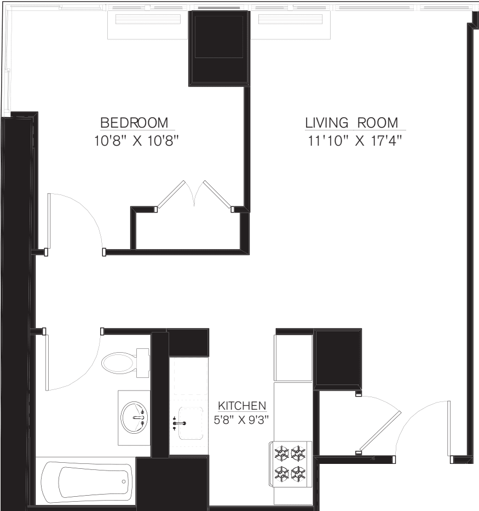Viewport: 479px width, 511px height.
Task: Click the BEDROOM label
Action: pos(134,122)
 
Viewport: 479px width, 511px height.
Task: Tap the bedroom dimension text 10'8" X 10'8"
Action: pos(137,141)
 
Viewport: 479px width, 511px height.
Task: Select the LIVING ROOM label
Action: pos(351,122)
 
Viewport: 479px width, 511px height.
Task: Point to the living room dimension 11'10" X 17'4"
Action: pos(355,141)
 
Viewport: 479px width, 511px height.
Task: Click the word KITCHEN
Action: pos(242,406)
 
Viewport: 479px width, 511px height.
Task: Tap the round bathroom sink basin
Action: pos(134,417)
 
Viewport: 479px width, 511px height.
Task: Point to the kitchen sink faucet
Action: pos(180,423)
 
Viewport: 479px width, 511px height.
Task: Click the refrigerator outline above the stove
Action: pos(293,358)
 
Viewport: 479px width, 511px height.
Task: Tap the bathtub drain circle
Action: pos(124,481)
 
